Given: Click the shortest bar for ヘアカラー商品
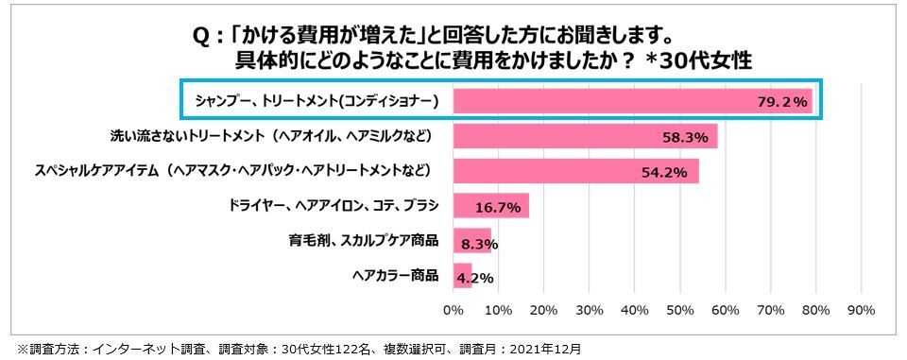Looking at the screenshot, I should pyautogui.click(x=462, y=276).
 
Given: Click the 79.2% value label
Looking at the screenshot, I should pyautogui.click(x=782, y=101).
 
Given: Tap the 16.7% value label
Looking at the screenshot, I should pyautogui.click(x=498, y=207).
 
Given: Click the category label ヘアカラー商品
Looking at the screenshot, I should pyautogui.click(x=395, y=276).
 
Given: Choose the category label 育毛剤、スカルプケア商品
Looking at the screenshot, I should pyautogui.click(x=364, y=241).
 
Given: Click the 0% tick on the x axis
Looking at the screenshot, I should pyautogui.click(x=453, y=309).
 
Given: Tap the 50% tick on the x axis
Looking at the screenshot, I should pyautogui.click(x=680, y=309).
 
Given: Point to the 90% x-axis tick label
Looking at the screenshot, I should pyautogui.click(x=862, y=309).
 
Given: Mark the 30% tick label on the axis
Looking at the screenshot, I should pyautogui.click(x=590, y=309).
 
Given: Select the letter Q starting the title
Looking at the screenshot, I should pyautogui.click(x=200, y=36).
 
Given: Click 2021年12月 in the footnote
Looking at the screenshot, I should pyautogui.click(x=543, y=348).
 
